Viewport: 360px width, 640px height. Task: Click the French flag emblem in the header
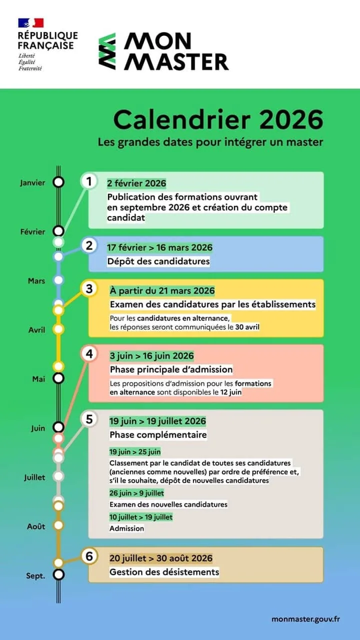tap(31, 23)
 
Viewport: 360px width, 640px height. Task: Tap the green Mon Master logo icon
tap(107, 51)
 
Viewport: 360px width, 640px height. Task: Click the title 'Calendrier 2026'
tap(218, 120)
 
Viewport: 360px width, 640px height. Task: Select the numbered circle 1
tap(89, 181)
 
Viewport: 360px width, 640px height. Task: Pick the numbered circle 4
tap(89, 354)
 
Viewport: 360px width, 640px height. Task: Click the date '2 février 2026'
tap(136, 183)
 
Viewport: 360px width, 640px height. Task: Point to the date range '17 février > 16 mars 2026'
tap(159, 247)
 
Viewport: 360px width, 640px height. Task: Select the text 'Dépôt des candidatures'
tap(158, 261)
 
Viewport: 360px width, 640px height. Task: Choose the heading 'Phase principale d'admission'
tap(171, 369)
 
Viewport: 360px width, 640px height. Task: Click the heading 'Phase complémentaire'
tap(158, 434)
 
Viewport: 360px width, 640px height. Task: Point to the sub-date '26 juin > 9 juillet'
tap(136, 493)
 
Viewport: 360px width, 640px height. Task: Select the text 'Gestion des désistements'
tap(164, 572)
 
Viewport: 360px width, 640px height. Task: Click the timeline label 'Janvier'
tap(32, 182)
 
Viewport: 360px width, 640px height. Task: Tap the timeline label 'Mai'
tap(38, 379)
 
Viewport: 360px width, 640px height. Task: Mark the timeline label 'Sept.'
tap(35, 575)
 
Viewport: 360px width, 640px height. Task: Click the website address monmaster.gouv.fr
tap(306, 619)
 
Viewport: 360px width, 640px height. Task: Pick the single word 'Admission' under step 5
tap(126, 528)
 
